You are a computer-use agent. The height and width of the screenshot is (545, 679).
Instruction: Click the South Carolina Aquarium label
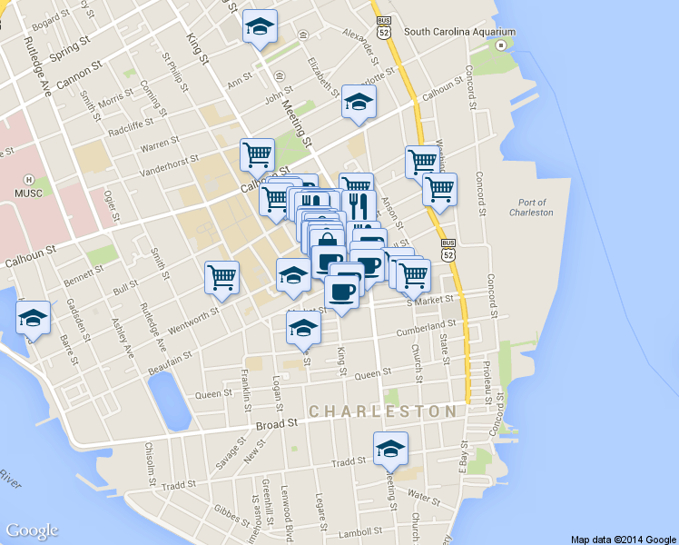[x=459, y=32]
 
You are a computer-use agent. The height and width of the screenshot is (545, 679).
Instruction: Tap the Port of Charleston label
[x=532, y=207]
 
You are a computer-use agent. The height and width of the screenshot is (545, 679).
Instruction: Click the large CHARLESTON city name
[x=382, y=411]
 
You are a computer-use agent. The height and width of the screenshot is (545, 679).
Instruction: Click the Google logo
[x=32, y=530]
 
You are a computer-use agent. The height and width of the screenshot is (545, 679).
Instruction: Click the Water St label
[x=424, y=496]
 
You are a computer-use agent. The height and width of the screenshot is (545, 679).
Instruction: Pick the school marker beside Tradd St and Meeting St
[x=390, y=449]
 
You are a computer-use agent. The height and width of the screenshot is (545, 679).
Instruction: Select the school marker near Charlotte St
[x=359, y=102]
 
